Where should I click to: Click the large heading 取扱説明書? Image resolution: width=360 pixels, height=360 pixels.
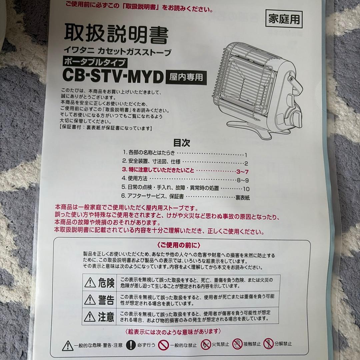coord(116,34)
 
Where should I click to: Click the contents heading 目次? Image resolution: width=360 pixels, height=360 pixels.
coord(182,143)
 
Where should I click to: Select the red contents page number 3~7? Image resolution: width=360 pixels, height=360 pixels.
coord(242,172)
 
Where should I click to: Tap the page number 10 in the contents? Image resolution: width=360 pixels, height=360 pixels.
coord(246,189)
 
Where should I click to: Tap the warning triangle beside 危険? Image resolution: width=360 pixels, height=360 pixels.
coord(90,283)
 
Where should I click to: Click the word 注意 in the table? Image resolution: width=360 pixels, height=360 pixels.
coord(106,316)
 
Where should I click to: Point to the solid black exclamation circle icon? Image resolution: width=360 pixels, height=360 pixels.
coord(132,344)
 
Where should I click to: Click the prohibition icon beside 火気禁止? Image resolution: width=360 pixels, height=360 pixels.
coord(205,344)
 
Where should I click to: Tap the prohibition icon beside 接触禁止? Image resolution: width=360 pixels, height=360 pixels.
coord(237,344)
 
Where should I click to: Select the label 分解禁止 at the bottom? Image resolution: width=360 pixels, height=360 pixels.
coord(283,344)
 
